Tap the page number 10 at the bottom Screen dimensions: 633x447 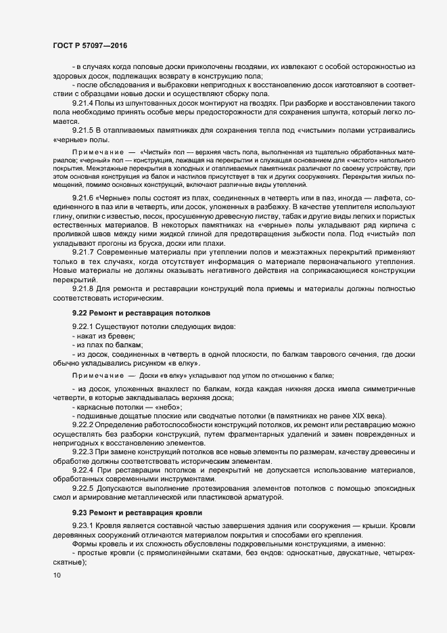[x=56, y=575]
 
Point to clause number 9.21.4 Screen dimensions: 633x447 [x=83, y=102]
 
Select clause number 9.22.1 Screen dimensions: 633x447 [x=83, y=328]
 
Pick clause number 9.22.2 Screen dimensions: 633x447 [x=83, y=424]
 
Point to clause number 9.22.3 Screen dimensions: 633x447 [x=83, y=451]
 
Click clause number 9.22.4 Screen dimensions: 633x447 [x=83, y=470]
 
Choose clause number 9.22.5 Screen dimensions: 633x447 [x=83, y=489]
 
